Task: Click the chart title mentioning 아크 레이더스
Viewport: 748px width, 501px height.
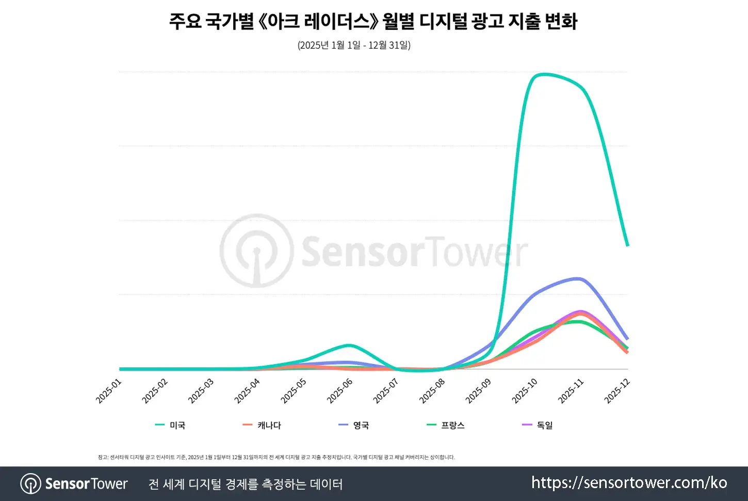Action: pos(373,22)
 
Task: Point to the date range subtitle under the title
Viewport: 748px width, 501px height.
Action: pos(354,45)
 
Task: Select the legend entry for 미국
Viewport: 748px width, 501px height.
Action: pos(170,425)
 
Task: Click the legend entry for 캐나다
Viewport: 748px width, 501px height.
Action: pos(262,425)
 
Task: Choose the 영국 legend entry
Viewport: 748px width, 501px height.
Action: pos(354,425)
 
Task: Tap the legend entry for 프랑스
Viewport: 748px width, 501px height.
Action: pos(446,425)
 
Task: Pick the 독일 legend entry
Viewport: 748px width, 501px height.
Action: pos(538,425)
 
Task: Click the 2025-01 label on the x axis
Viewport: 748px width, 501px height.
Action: pos(109,392)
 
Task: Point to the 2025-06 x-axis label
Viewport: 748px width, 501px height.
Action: pos(340,392)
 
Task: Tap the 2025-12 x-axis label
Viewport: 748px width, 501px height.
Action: pos(617,392)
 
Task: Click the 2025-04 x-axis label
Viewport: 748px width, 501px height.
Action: pos(248,392)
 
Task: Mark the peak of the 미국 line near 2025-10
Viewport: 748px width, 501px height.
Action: pos(544,74)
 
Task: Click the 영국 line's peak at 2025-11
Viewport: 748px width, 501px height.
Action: pos(578,278)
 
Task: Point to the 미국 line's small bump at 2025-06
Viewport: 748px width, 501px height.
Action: pos(349,345)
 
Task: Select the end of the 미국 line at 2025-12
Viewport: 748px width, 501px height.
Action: pos(627,245)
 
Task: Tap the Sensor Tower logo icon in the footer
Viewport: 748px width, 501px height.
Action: pos(31,483)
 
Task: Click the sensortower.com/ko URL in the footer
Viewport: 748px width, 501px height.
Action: pos(629,483)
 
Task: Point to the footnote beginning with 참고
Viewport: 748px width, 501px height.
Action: pos(276,457)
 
